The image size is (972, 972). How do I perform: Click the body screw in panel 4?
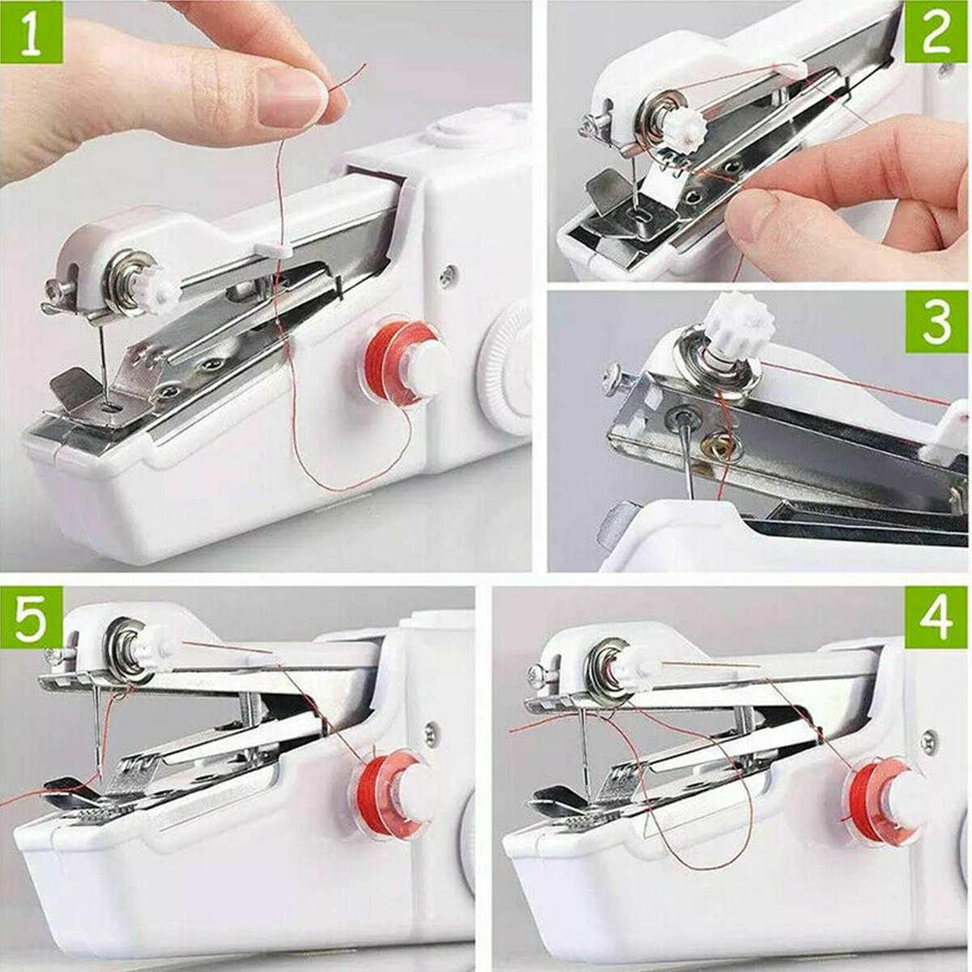[930, 737]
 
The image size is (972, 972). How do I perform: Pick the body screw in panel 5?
[431, 731]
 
